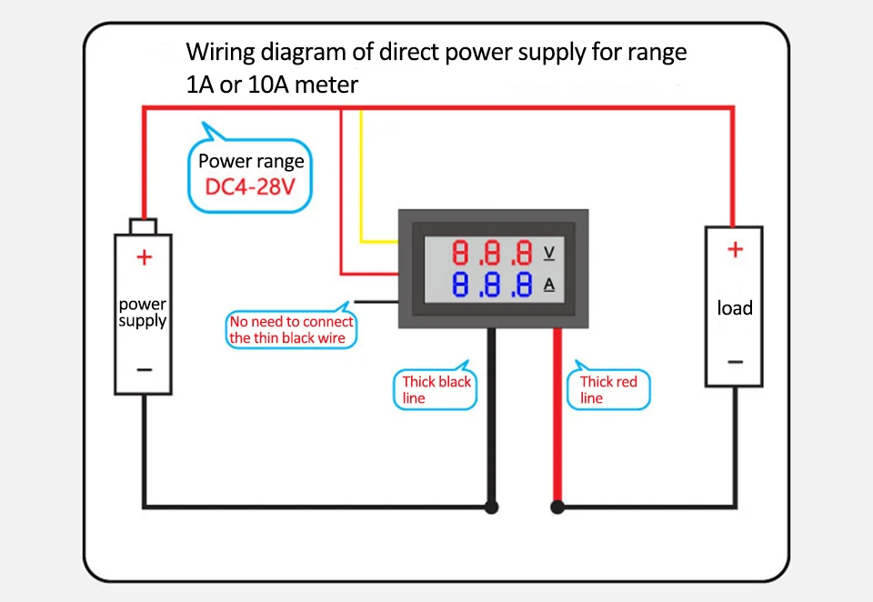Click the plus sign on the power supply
pyautogui.click(x=144, y=257)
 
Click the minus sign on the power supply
pyautogui.click(x=144, y=369)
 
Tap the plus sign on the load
pyautogui.click(x=735, y=249)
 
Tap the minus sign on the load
pyautogui.click(x=735, y=362)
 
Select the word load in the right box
pyautogui.click(x=735, y=308)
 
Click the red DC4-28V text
pyautogui.click(x=252, y=188)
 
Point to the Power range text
pyautogui.click(x=251, y=163)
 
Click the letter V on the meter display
pyautogui.click(x=548, y=252)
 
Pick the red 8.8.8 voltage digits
pyautogui.click(x=492, y=253)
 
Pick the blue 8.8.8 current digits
pyautogui.click(x=492, y=285)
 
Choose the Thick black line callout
pyautogui.click(x=436, y=390)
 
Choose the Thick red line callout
pyautogui.click(x=608, y=390)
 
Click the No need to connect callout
pyautogui.click(x=291, y=330)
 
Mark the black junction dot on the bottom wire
pyautogui.click(x=492, y=507)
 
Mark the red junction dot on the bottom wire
pyautogui.click(x=557, y=507)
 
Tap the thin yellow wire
pyautogui.click(x=362, y=182)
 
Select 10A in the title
pyautogui.click(x=262, y=85)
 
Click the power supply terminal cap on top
pyautogui.click(x=143, y=226)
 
